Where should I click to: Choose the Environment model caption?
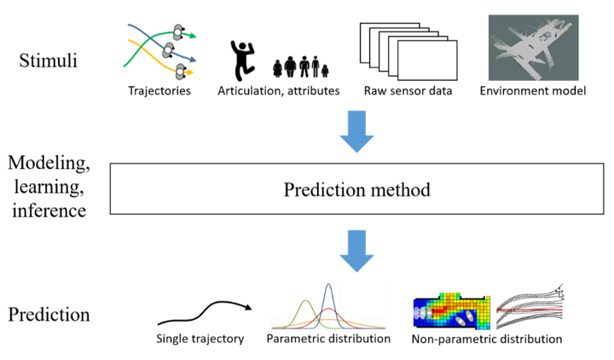[x=532, y=90]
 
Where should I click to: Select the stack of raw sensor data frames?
[x=399, y=51]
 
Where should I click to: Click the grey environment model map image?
[x=531, y=48]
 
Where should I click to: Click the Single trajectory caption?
[x=200, y=339]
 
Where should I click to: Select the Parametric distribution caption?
[x=328, y=339]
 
